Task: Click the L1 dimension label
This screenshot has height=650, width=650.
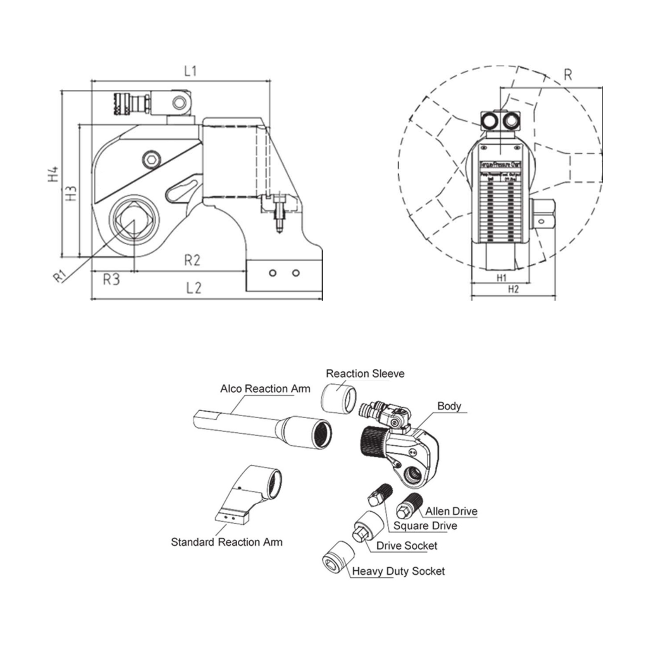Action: pos(190,71)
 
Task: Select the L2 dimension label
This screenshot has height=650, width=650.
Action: pos(193,288)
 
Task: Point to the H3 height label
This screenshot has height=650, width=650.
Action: pos(71,193)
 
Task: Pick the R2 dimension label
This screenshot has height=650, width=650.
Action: pos(192,261)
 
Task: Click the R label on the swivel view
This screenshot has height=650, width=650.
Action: pos(568,75)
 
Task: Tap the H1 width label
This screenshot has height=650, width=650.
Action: pos(502,277)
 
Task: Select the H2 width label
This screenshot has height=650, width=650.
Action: pos(513,289)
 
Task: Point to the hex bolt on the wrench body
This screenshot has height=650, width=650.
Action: pos(150,159)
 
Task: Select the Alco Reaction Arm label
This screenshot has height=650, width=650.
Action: pos(265,389)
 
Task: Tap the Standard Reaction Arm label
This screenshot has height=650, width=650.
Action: pos(226,542)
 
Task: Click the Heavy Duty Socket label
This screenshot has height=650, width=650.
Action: pos(398,571)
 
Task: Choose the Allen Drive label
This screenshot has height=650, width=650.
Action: pos(451,511)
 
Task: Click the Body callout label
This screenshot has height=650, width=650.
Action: pos(449,406)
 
